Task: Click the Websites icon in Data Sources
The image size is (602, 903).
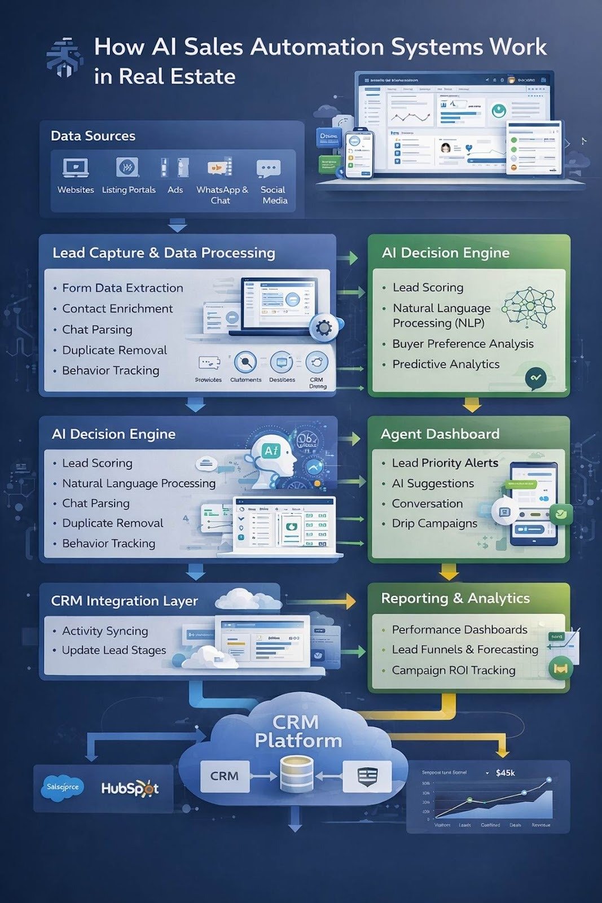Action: (x=75, y=168)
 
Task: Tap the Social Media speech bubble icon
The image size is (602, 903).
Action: (x=268, y=168)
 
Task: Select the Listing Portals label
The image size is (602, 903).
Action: (x=129, y=190)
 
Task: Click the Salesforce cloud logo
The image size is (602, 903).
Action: (x=63, y=787)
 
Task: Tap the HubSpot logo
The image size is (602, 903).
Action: (x=130, y=788)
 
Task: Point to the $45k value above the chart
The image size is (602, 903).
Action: (x=505, y=773)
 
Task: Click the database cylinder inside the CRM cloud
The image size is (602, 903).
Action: (x=297, y=775)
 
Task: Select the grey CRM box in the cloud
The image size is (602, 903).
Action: (x=225, y=776)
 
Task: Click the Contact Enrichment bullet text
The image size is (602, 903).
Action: (x=117, y=309)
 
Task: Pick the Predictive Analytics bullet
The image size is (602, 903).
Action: (x=446, y=364)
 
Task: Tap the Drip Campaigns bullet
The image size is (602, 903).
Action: (x=434, y=523)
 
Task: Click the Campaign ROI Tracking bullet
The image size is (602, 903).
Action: (x=454, y=670)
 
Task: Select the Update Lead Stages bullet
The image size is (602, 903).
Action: (x=114, y=650)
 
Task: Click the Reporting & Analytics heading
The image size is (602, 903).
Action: (x=455, y=598)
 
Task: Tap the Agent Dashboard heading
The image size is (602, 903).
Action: (x=440, y=434)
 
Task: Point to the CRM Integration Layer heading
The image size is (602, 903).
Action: (x=124, y=601)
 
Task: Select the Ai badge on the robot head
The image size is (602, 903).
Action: (x=271, y=450)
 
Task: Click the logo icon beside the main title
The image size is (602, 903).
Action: (x=63, y=58)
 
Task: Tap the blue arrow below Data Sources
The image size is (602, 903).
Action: (x=178, y=226)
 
